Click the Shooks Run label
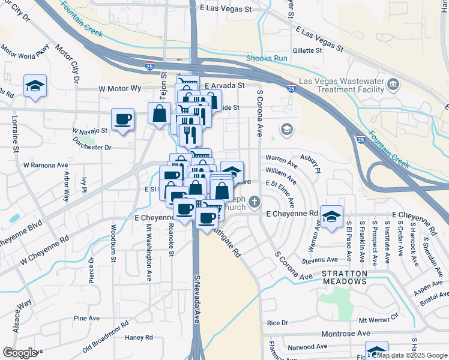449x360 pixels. point(267,58)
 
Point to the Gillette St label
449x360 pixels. point(308,50)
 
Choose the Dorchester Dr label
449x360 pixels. point(92,146)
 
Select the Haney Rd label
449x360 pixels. point(139,338)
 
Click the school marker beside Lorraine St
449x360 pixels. point(35,86)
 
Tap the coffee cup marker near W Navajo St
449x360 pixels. point(123,118)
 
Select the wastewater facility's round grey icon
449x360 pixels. point(393,83)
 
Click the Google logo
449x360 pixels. point(20,353)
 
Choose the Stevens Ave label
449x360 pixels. point(321,260)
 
